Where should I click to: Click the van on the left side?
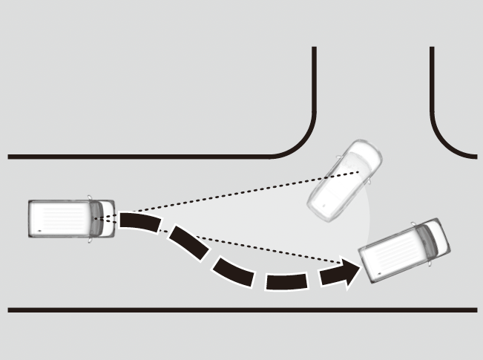(x=71, y=218)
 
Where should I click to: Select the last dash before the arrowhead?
(x=286, y=281)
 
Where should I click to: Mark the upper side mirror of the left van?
(x=91, y=198)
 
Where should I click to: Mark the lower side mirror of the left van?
(x=91, y=239)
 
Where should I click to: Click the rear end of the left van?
(x=31, y=218)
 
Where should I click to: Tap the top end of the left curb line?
(x=314, y=49)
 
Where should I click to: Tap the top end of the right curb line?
(x=432, y=49)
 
